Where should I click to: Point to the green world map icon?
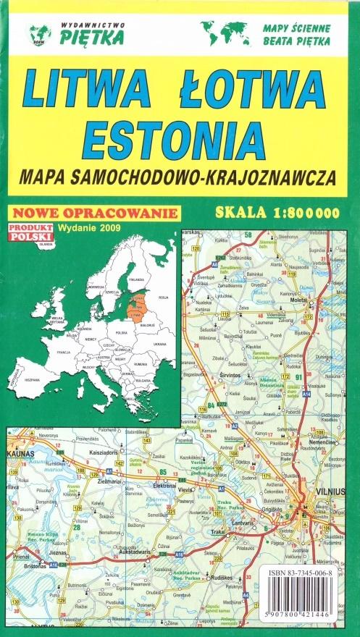(x=223, y=33)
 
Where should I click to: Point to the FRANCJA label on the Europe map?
(x=64, y=351)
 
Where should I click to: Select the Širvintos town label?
(x=230, y=376)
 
